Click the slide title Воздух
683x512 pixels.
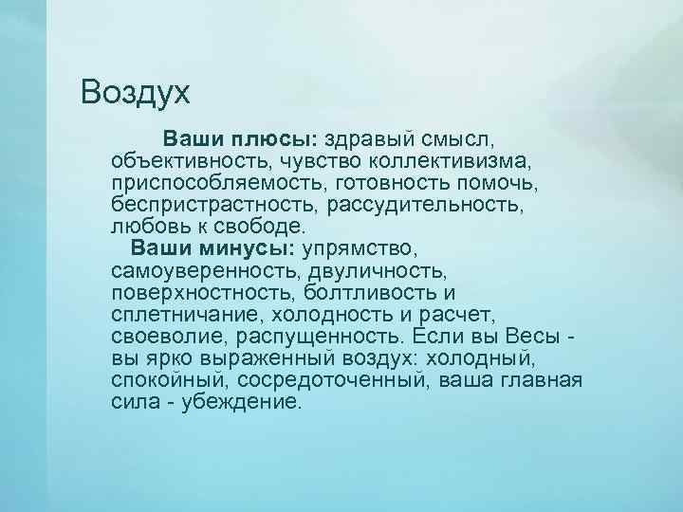pos(136,93)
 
